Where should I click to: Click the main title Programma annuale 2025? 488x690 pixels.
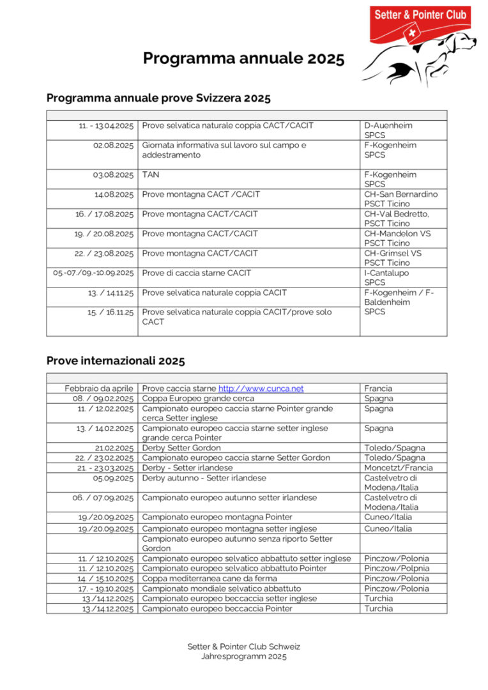point(243,59)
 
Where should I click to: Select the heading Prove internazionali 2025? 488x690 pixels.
point(116,361)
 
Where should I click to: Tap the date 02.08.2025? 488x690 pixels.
point(113,146)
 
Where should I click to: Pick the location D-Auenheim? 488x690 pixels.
point(388,126)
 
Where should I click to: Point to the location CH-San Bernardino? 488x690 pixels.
point(400,194)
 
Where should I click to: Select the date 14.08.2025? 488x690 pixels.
point(114,194)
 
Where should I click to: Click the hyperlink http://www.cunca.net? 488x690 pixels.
point(261,388)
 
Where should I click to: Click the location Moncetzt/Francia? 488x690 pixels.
point(398,468)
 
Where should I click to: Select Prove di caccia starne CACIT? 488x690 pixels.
point(197,273)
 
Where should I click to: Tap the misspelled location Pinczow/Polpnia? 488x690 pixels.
point(396,569)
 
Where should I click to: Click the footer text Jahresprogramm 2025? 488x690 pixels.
point(243,656)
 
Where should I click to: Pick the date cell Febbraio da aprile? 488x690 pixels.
point(98,388)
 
